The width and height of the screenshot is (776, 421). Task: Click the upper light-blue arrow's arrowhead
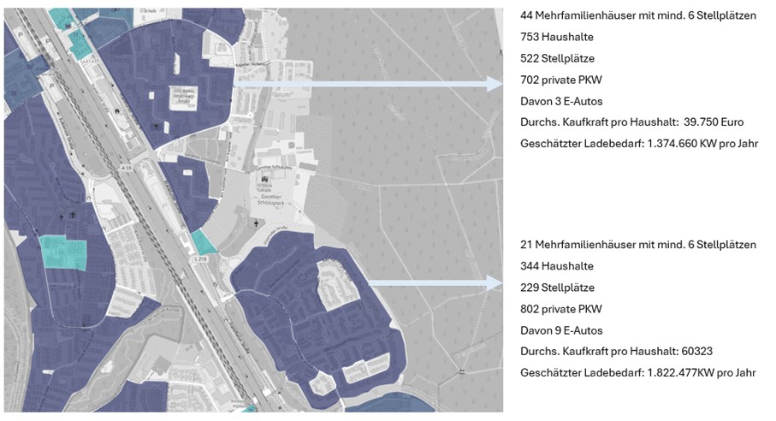point(494,84)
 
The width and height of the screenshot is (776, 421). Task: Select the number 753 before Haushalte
point(530,38)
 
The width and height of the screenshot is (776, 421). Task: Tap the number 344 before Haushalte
point(530,266)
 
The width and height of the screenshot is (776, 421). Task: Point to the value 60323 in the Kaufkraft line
point(688,351)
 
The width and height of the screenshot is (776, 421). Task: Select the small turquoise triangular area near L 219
point(204,242)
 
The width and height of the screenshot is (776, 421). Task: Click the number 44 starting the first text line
point(526,16)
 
